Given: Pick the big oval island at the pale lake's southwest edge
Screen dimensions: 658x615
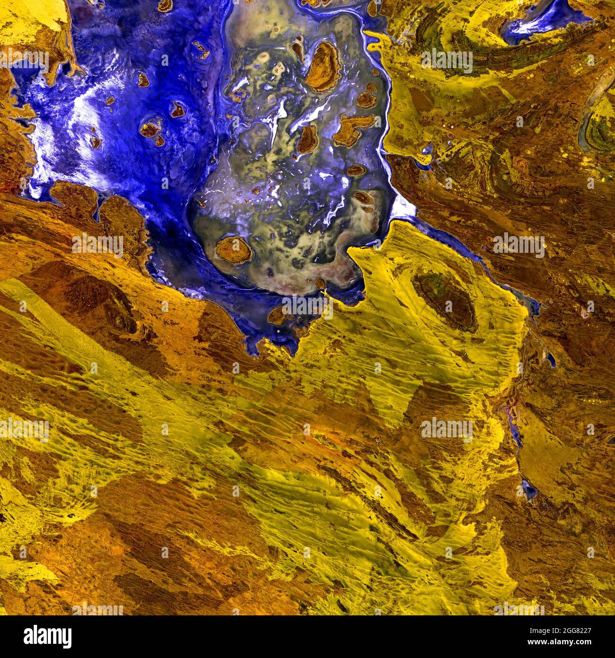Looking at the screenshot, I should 234,250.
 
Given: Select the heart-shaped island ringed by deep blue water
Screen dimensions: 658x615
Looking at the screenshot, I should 178,110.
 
